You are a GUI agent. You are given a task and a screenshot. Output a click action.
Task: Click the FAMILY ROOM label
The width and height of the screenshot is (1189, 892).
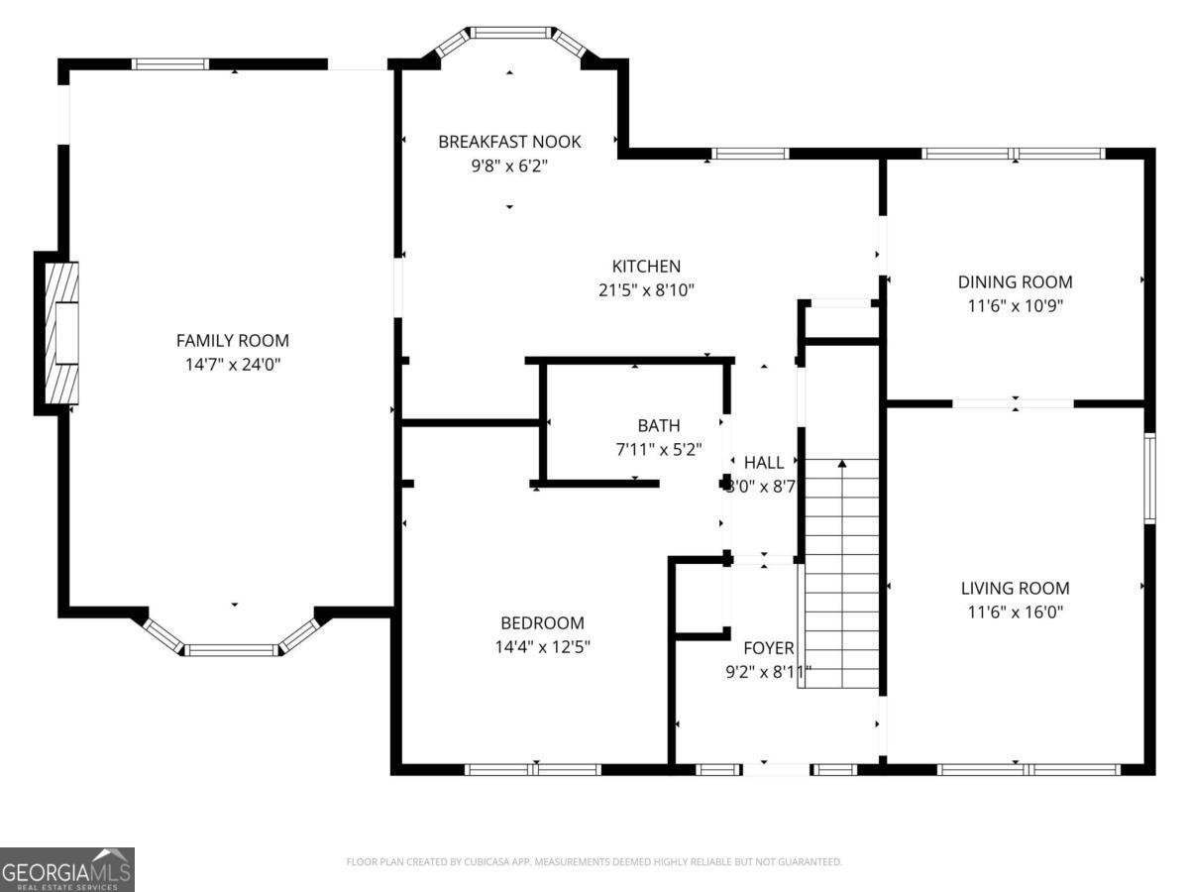(x=233, y=340)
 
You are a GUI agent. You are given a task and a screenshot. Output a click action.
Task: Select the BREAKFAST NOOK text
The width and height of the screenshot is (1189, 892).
(x=509, y=142)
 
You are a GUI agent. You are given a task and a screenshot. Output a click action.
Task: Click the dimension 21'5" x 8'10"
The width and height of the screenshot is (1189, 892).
(x=645, y=289)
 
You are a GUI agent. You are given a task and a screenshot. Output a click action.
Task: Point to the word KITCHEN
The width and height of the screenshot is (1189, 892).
(x=646, y=266)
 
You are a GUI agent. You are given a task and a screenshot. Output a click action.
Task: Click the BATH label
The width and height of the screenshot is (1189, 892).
(x=659, y=425)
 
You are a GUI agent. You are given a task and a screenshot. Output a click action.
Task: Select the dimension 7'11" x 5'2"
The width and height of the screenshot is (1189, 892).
(x=659, y=449)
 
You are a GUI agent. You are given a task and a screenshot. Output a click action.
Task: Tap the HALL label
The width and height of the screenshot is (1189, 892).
(x=764, y=462)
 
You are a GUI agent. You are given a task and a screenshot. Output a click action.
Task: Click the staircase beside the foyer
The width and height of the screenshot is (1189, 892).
(x=841, y=575)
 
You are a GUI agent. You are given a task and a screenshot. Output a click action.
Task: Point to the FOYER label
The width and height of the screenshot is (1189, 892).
(x=769, y=648)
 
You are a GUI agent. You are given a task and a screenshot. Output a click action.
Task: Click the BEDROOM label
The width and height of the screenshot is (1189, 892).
(x=542, y=623)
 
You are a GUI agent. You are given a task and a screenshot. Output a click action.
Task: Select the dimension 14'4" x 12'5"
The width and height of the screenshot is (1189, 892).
(x=542, y=647)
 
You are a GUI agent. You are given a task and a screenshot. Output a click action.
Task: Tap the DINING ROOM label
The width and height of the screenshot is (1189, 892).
(x=1015, y=281)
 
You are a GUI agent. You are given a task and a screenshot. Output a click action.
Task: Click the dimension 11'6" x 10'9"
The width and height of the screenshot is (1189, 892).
(x=1015, y=305)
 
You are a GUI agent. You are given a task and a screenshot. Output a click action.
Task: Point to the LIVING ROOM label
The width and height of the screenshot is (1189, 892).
(x=1015, y=588)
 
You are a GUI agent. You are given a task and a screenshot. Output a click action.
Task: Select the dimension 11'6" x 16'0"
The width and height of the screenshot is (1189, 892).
(x=1015, y=612)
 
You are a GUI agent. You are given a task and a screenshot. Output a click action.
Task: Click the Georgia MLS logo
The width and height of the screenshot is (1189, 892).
(x=66, y=869)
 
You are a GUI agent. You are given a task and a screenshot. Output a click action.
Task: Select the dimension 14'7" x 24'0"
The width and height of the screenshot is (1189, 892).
(x=233, y=364)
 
